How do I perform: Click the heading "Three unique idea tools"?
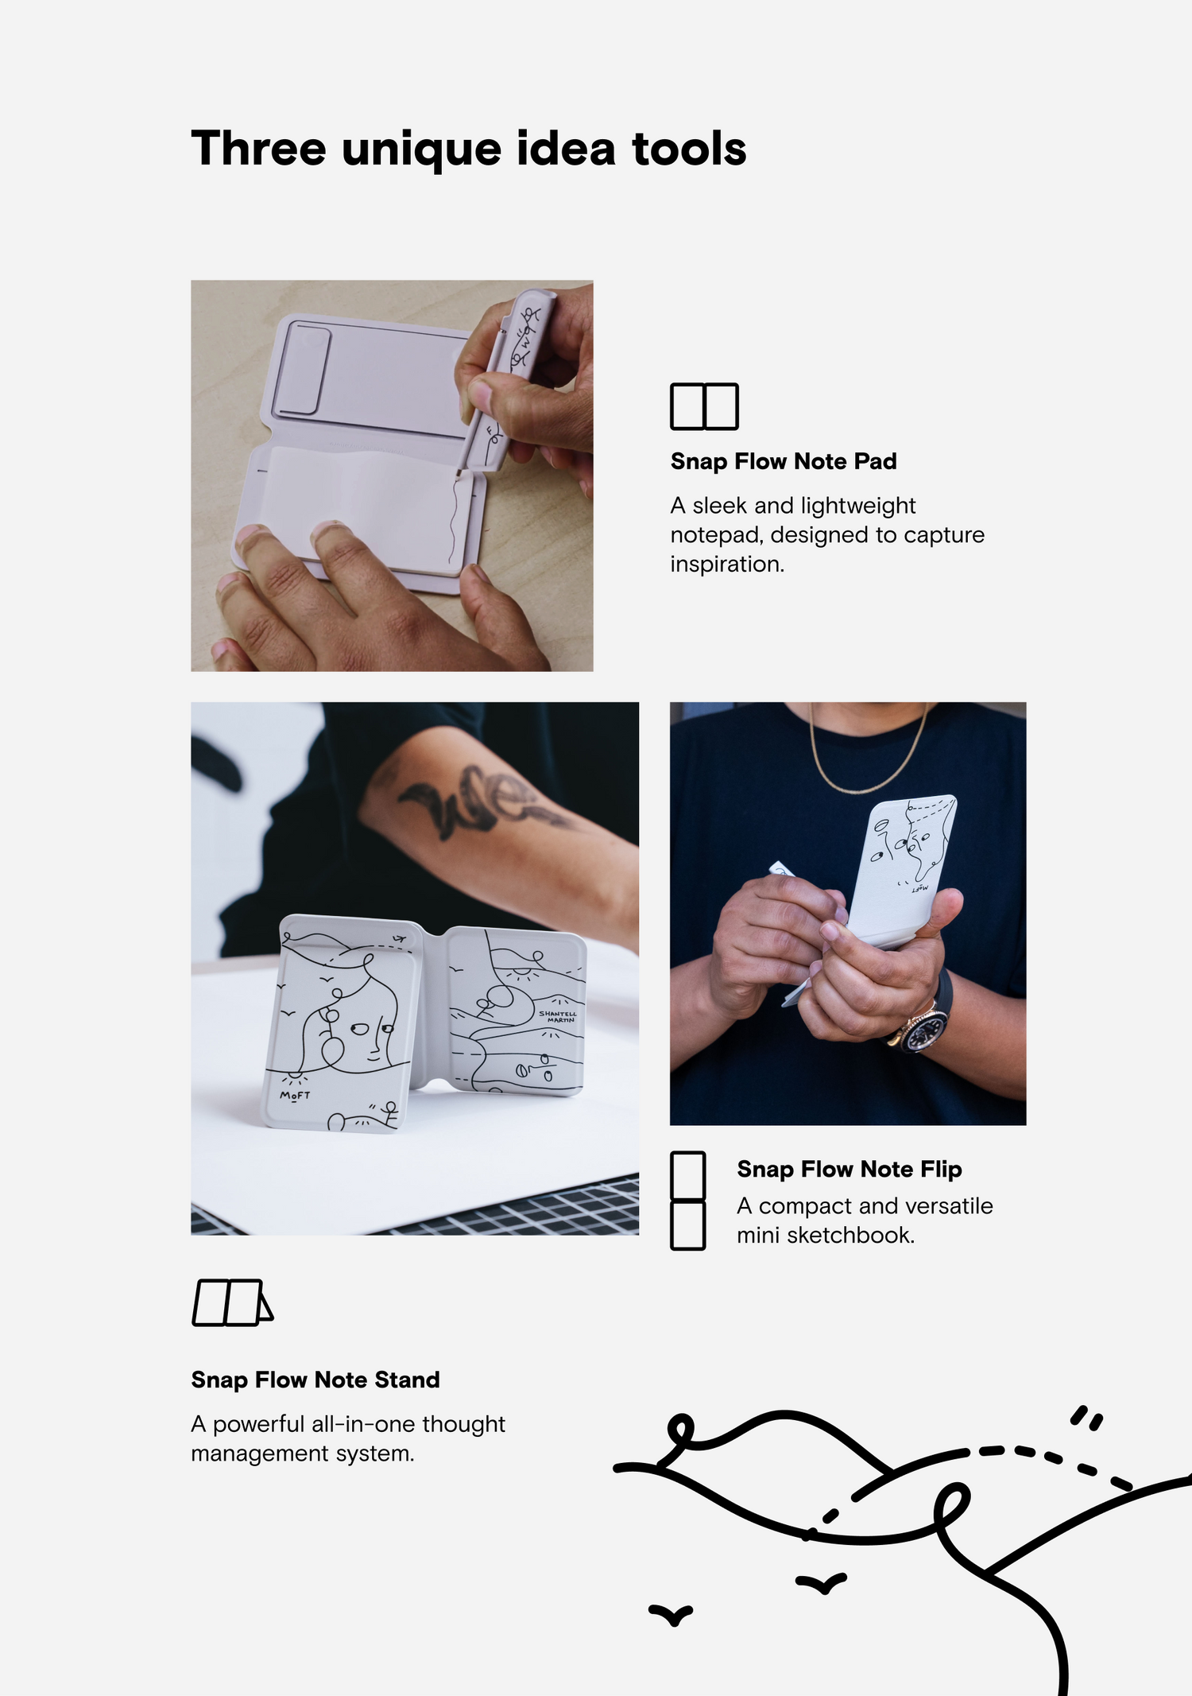click(x=469, y=149)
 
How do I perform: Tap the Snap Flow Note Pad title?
click(x=784, y=461)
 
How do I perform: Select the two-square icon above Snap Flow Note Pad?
click(x=704, y=406)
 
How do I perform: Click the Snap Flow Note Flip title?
click(x=849, y=1169)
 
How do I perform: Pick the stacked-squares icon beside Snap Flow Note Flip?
click(x=687, y=1201)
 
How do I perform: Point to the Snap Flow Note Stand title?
click(x=315, y=1380)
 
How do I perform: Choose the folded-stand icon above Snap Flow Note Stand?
click(x=233, y=1302)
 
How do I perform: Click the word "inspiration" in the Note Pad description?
click(x=724, y=564)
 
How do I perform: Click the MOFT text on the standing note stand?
click(x=295, y=1096)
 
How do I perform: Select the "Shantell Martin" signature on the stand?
click(x=558, y=1017)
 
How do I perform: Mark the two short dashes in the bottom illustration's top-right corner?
click(x=1086, y=1418)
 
